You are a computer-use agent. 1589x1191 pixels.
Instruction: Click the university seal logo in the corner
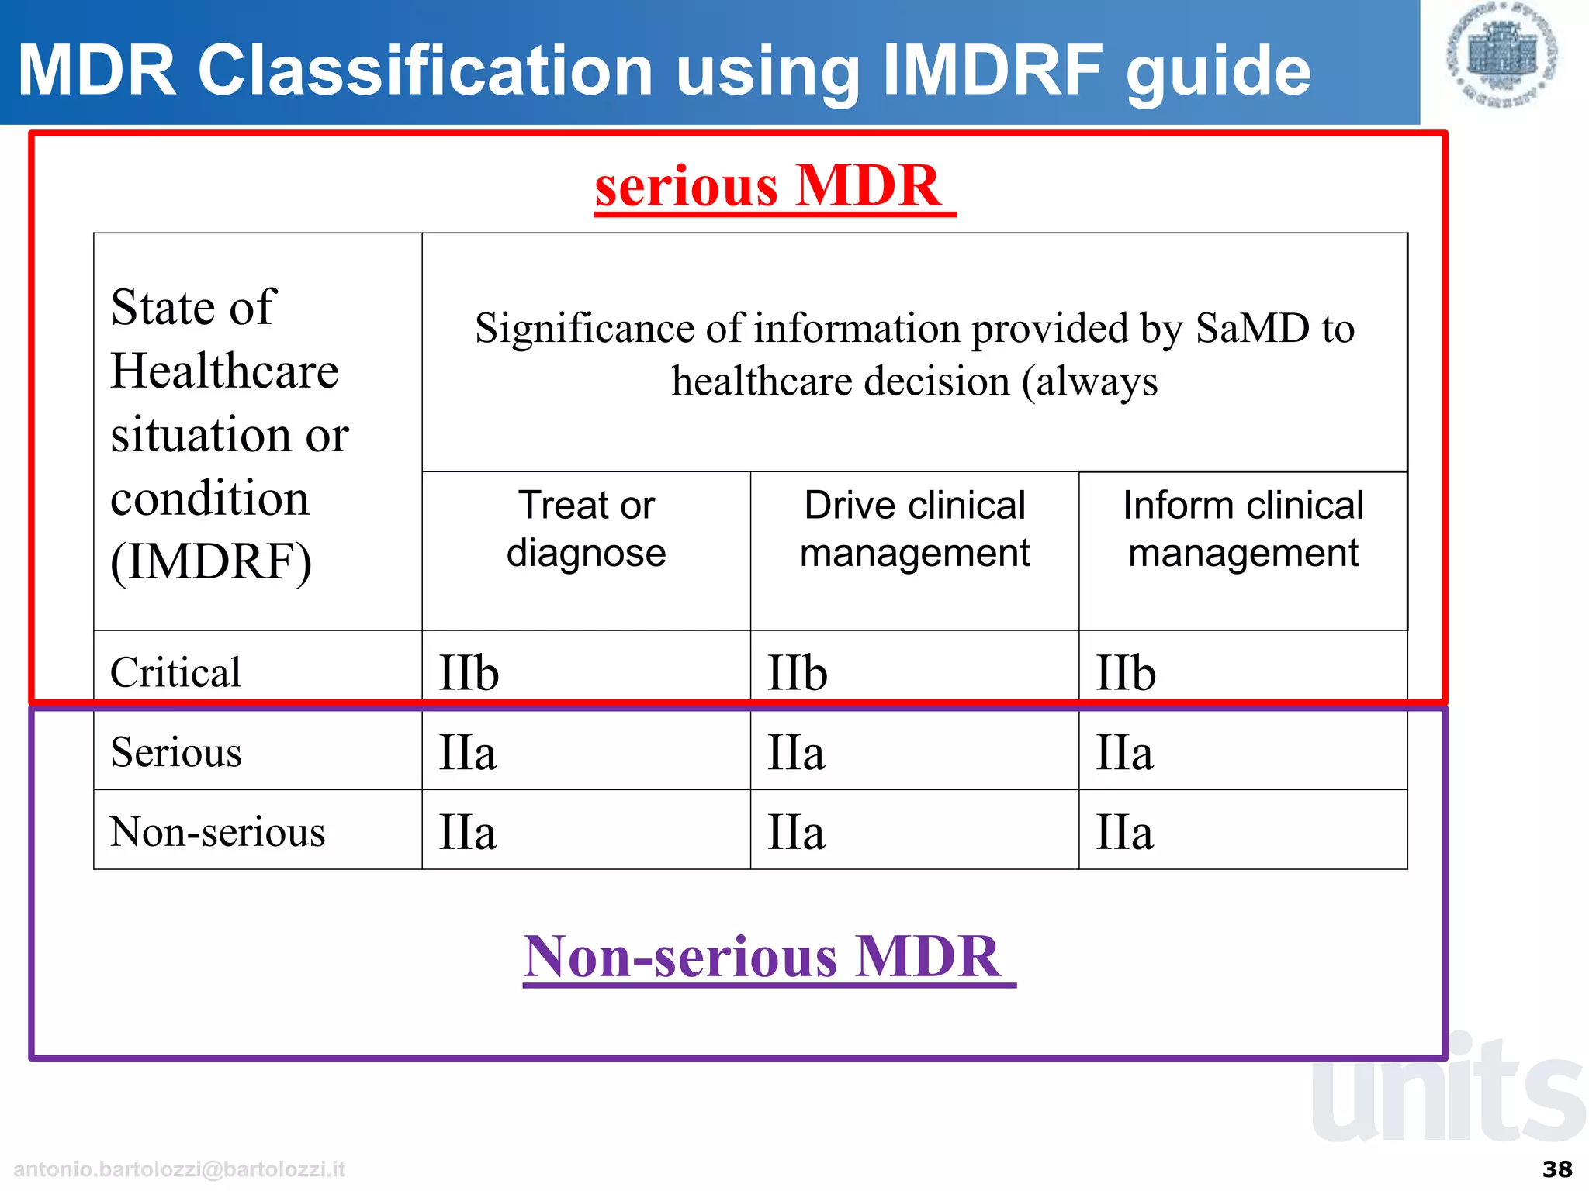pos(1502,54)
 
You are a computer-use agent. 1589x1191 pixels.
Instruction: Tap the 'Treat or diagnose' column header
pos(587,529)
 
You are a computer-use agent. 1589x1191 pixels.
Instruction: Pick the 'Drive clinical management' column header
pos(915,529)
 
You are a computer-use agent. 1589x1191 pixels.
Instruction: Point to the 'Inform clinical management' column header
pos(1242,529)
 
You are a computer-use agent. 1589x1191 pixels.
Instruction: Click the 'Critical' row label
pos(176,671)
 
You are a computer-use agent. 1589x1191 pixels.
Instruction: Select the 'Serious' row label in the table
pos(176,752)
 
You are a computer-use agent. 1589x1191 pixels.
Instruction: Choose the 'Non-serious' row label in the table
pos(217,832)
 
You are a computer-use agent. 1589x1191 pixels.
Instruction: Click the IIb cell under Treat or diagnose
pos(469,673)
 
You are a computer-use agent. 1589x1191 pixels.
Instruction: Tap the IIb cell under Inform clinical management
pos(1126,673)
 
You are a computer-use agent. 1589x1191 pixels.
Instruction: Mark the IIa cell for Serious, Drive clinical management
pos(796,753)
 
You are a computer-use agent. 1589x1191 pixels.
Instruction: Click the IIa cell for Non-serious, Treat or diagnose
pos(468,833)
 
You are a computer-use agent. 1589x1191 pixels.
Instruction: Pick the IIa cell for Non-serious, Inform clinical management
pos(1124,833)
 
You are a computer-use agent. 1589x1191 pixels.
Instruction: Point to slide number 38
pos(1557,1169)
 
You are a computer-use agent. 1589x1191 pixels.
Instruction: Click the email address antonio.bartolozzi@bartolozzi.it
pos(179,1169)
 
